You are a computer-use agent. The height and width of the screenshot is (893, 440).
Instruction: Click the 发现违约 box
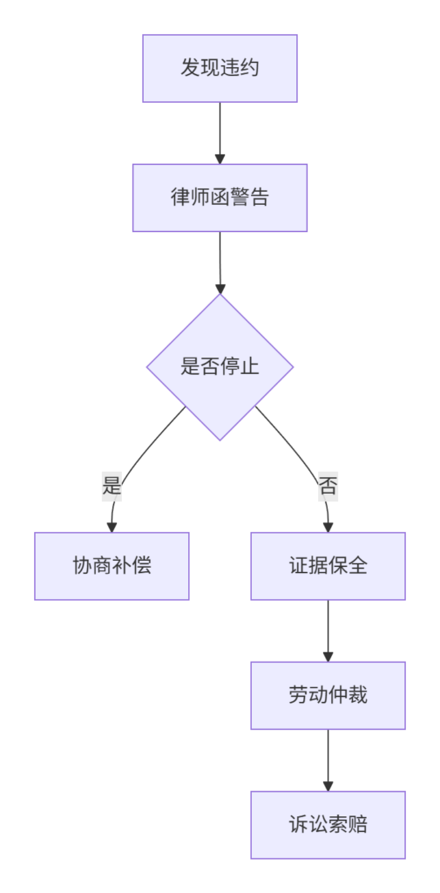[x=220, y=68]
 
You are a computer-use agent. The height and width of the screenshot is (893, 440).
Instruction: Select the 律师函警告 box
[x=220, y=198]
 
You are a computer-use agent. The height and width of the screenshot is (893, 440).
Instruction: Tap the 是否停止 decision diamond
[x=220, y=367]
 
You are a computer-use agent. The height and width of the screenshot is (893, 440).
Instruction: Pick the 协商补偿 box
[x=112, y=566]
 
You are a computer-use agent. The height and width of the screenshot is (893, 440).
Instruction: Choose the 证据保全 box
[x=328, y=566]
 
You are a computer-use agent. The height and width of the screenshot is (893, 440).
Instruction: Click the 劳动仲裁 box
[x=328, y=695]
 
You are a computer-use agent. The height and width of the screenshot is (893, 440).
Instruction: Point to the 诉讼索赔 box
[x=328, y=825]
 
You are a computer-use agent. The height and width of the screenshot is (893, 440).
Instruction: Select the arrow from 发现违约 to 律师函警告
[x=220, y=133]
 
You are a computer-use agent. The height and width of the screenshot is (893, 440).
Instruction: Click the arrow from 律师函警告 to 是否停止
[x=220, y=262]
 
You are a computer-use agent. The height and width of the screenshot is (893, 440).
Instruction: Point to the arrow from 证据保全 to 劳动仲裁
[x=328, y=631]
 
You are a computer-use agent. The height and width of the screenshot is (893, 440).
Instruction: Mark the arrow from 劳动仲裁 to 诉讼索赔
[x=328, y=760]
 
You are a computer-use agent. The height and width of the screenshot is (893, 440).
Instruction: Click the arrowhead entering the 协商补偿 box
[x=112, y=527]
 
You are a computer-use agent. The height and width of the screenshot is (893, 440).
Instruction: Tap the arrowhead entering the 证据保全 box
[x=328, y=527]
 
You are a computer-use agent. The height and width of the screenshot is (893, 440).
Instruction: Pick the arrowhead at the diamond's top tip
[x=220, y=288]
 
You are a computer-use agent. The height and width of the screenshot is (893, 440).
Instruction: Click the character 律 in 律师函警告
[x=180, y=198]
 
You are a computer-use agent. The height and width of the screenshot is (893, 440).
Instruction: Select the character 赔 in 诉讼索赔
[x=358, y=825]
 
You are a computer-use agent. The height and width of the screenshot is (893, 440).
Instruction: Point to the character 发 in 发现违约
[x=190, y=68]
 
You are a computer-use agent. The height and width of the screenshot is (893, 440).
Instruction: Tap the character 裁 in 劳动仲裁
[x=358, y=695]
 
